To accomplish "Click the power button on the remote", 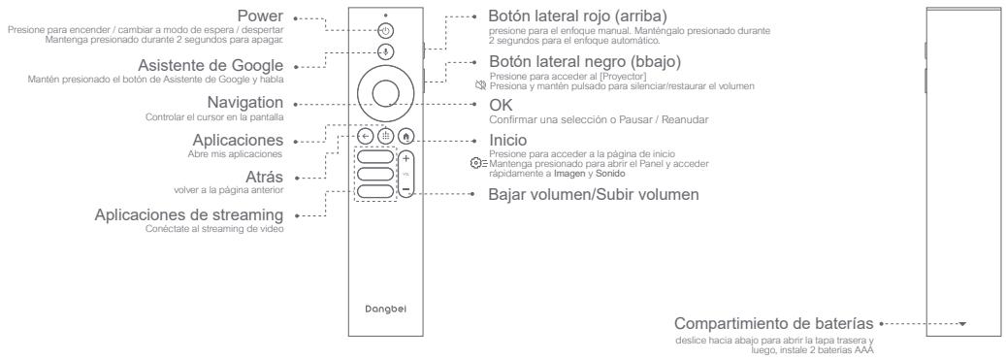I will tap(385, 30).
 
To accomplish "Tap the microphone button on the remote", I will tap(385, 52).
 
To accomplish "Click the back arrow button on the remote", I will tap(366, 138).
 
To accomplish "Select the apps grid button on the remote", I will tap(385, 138).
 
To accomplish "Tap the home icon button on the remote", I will tap(405, 138).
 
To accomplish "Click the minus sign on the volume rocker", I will tap(406, 191).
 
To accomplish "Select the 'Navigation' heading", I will tap(246, 102).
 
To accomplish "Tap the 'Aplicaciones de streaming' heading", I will tap(189, 213).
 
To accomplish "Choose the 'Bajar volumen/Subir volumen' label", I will tap(594, 193).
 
